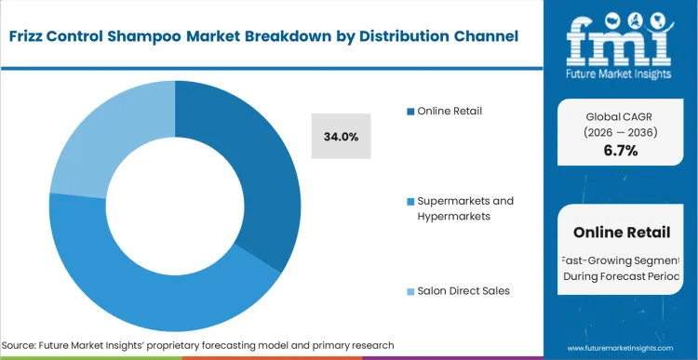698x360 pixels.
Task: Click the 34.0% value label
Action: [341, 137]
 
